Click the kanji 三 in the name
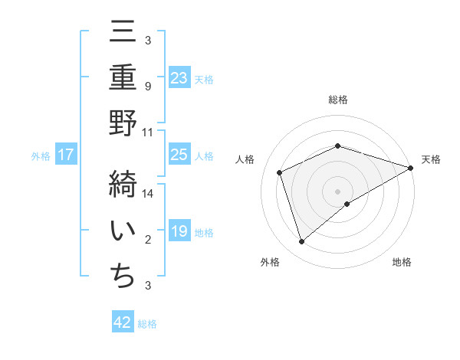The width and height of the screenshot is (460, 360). (123, 34)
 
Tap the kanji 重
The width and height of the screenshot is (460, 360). (123, 79)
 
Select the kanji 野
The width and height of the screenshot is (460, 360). (123, 126)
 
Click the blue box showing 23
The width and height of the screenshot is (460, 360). (179, 78)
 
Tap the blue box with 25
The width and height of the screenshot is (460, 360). (179, 155)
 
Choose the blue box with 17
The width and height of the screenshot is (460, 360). (66, 155)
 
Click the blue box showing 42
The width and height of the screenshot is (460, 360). (123, 323)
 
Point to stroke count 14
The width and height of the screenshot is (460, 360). (149, 194)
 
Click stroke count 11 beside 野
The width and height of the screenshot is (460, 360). (148, 132)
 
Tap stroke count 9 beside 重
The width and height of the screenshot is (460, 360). (148, 86)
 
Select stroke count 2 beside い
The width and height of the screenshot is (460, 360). (148, 240)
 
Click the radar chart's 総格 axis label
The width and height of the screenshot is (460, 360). (338, 100)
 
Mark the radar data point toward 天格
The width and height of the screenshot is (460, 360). (411, 168)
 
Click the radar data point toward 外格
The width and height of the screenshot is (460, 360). (301, 242)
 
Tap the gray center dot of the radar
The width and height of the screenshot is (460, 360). (338, 191)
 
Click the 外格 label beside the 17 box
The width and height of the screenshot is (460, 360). (41, 156)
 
